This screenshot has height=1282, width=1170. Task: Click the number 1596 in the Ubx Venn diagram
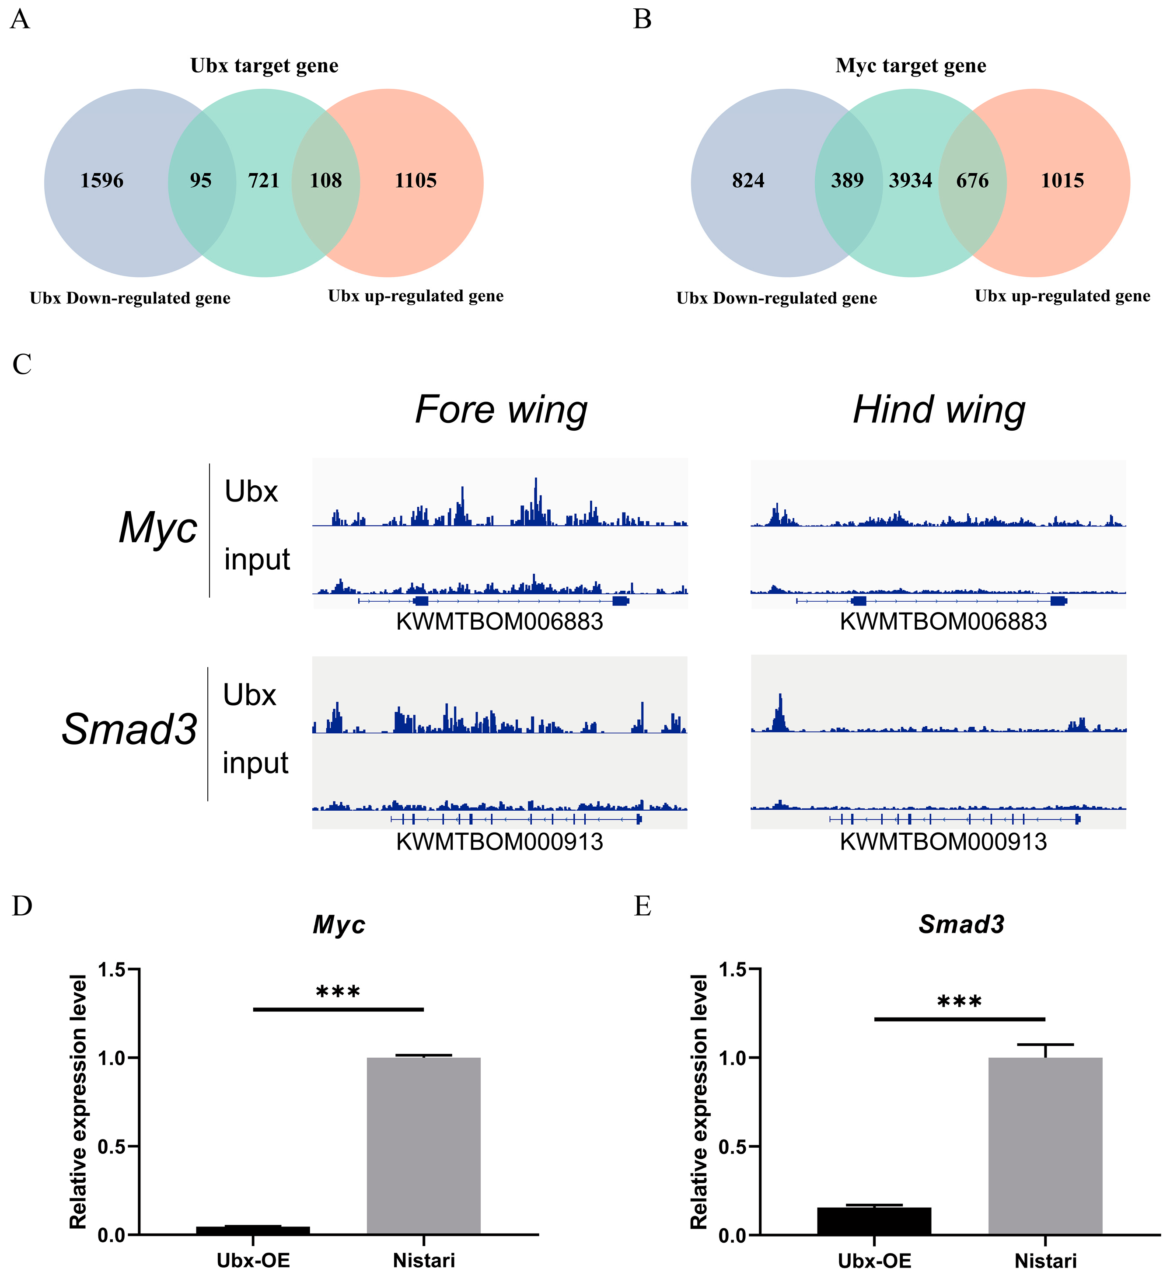click(102, 181)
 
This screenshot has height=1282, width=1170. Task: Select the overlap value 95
click(200, 181)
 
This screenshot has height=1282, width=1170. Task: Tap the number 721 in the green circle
click(263, 181)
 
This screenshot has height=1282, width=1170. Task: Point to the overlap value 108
click(326, 181)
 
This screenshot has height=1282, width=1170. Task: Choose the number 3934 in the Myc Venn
click(911, 181)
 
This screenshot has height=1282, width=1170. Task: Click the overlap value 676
click(972, 181)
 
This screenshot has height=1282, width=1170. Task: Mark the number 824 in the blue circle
click(748, 181)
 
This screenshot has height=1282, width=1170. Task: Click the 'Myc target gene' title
click(911, 66)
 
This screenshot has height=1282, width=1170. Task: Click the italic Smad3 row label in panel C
click(130, 729)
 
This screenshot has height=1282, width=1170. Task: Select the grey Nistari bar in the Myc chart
click(424, 1145)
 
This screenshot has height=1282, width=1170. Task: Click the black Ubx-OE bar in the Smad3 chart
click(874, 1220)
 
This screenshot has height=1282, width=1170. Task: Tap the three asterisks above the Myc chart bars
click(338, 993)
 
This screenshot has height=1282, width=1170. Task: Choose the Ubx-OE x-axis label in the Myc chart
click(253, 1261)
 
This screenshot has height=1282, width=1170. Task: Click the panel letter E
click(643, 906)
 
